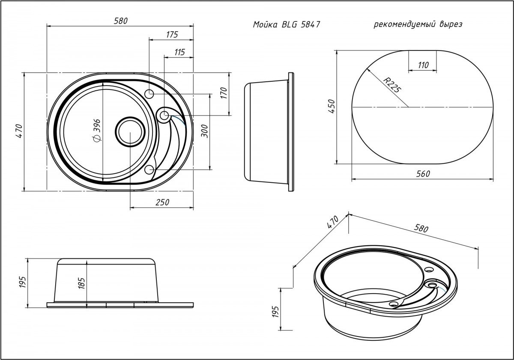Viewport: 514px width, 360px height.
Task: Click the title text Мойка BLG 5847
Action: (x=287, y=25)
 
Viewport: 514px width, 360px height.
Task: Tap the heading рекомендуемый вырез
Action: (x=418, y=24)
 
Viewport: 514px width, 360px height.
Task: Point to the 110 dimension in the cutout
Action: (x=422, y=65)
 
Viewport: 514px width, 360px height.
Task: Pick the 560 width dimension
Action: (x=422, y=173)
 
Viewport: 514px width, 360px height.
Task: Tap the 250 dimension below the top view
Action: (x=162, y=202)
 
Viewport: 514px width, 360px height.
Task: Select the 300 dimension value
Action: (x=204, y=130)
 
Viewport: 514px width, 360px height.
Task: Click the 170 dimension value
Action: (x=224, y=93)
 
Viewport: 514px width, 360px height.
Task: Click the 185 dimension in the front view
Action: (x=82, y=283)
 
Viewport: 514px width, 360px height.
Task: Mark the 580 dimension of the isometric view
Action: (x=421, y=229)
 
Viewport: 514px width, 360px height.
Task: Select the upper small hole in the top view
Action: (x=149, y=94)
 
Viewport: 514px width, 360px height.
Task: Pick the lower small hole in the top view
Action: (x=149, y=170)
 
